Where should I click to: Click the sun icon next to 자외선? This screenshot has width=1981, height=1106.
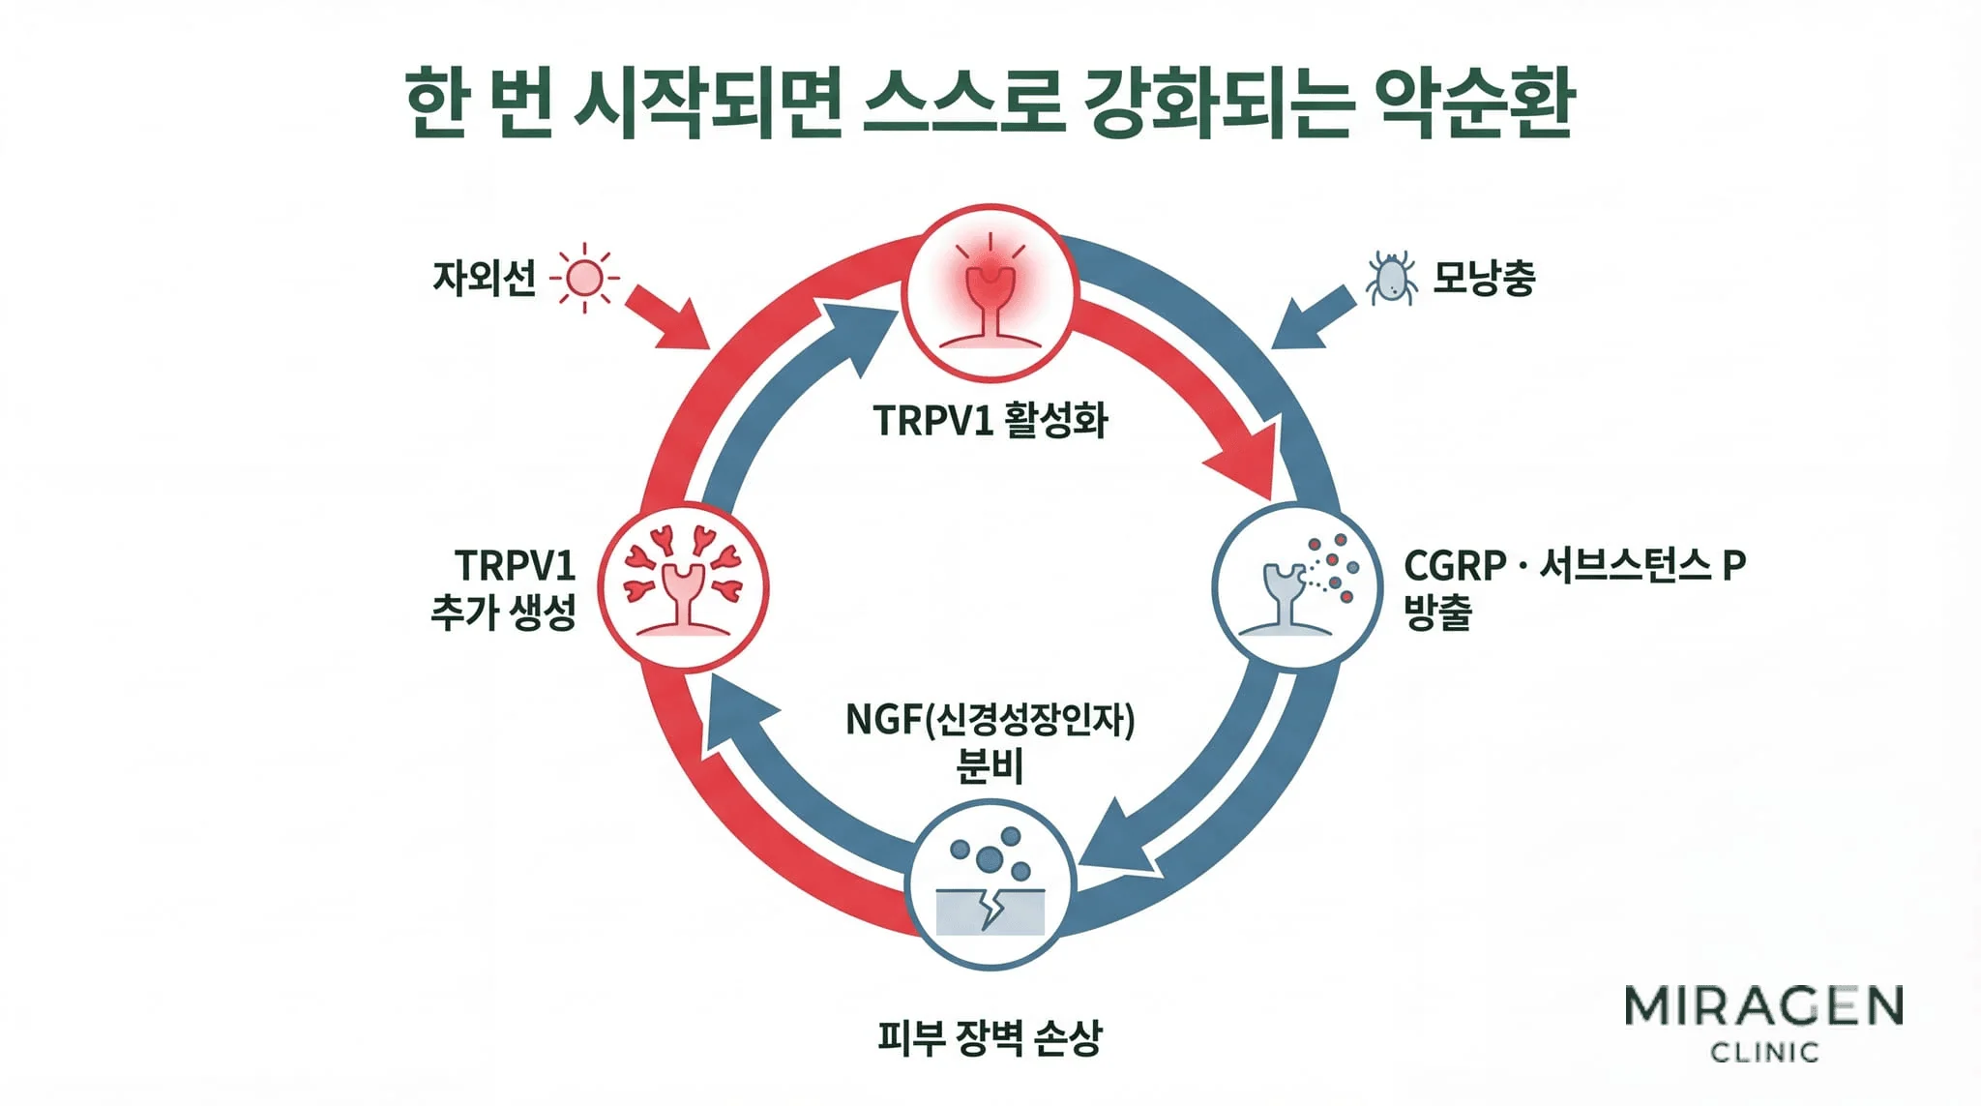[x=584, y=279]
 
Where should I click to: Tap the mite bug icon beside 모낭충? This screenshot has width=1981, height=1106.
[x=1391, y=279]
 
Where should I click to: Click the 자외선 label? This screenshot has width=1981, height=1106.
[x=484, y=279]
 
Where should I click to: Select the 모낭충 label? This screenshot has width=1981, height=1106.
[x=1484, y=279]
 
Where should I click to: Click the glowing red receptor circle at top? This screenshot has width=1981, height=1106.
[x=990, y=293]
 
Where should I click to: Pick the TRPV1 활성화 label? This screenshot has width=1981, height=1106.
[x=990, y=421]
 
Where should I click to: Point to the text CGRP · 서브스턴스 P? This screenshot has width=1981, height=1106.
[x=1574, y=565]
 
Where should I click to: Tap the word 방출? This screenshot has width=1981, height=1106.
[x=1437, y=612]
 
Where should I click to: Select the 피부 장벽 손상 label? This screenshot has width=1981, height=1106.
[x=990, y=1037]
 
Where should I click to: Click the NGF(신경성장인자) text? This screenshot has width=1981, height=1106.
[x=990, y=720]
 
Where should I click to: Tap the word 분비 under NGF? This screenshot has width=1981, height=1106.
[x=990, y=766]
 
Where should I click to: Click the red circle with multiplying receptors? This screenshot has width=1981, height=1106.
[x=682, y=587]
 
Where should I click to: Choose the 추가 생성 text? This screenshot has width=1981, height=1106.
[x=503, y=612]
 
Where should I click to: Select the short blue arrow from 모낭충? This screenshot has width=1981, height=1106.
[x=1314, y=317]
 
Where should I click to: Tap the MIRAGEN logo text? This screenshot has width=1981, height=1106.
[x=1763, y=1007]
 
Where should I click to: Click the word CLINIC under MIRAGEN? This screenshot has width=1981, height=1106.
[x=1764, y=1052]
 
